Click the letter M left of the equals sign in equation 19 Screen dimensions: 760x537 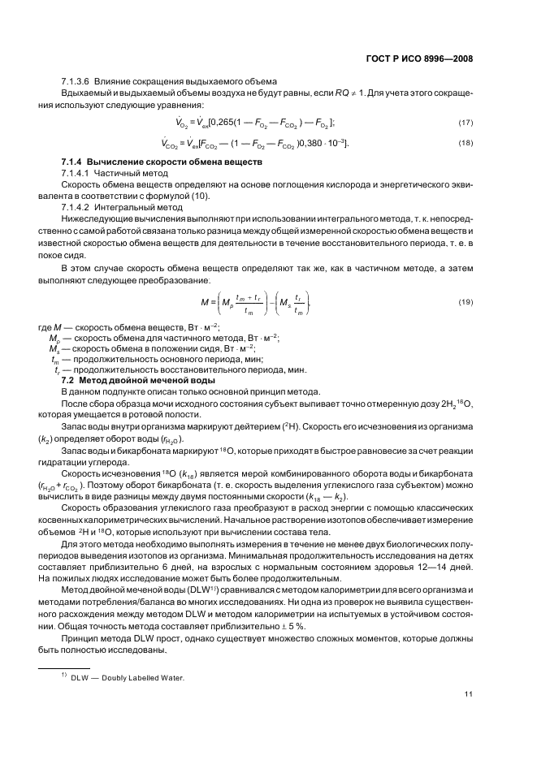tap(205, 301)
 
